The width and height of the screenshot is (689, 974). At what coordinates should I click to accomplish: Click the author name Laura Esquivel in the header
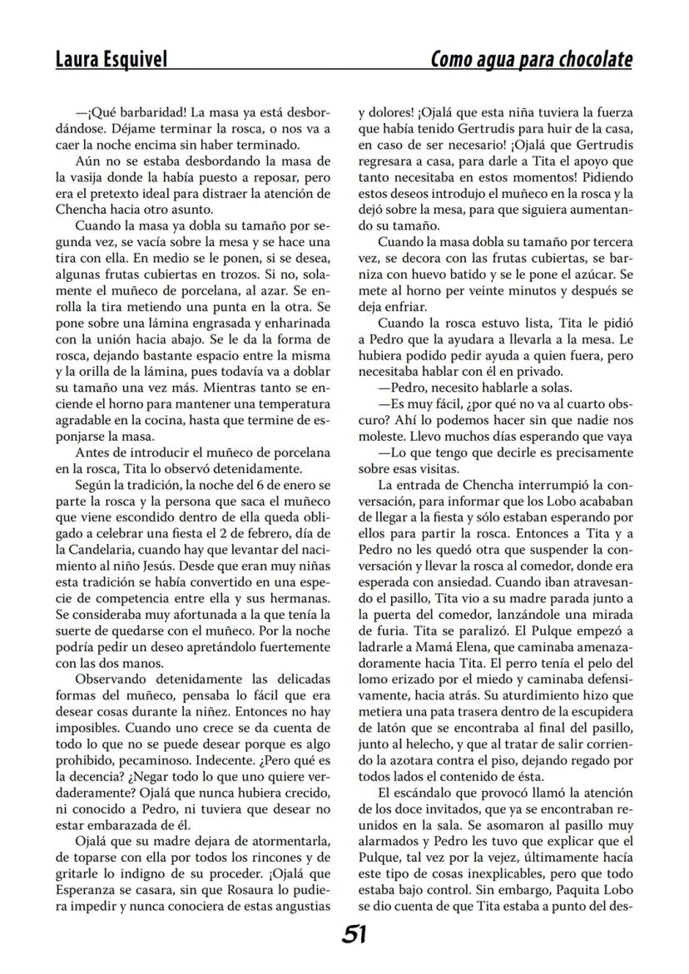click(x=112, y=60)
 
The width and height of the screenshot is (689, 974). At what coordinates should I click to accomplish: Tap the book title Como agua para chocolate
click(x=531, y=60)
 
